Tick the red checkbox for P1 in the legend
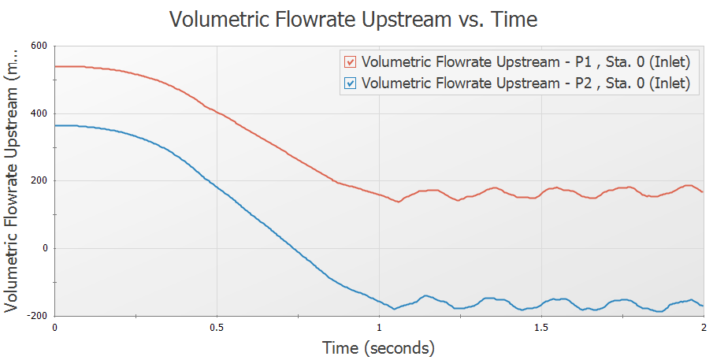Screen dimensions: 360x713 351,61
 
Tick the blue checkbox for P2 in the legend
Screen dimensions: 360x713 351,83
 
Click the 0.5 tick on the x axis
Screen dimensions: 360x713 217,327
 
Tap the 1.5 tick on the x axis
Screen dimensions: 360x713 540,327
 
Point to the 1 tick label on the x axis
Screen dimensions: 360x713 379,327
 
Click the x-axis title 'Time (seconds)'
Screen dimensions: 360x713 378,347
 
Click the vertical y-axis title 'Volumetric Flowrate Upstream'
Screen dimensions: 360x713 13,180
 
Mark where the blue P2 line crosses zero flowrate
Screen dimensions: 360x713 295,248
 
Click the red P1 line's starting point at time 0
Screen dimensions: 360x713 55,66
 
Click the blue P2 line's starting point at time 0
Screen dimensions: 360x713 55,125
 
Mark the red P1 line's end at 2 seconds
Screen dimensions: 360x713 702,192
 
